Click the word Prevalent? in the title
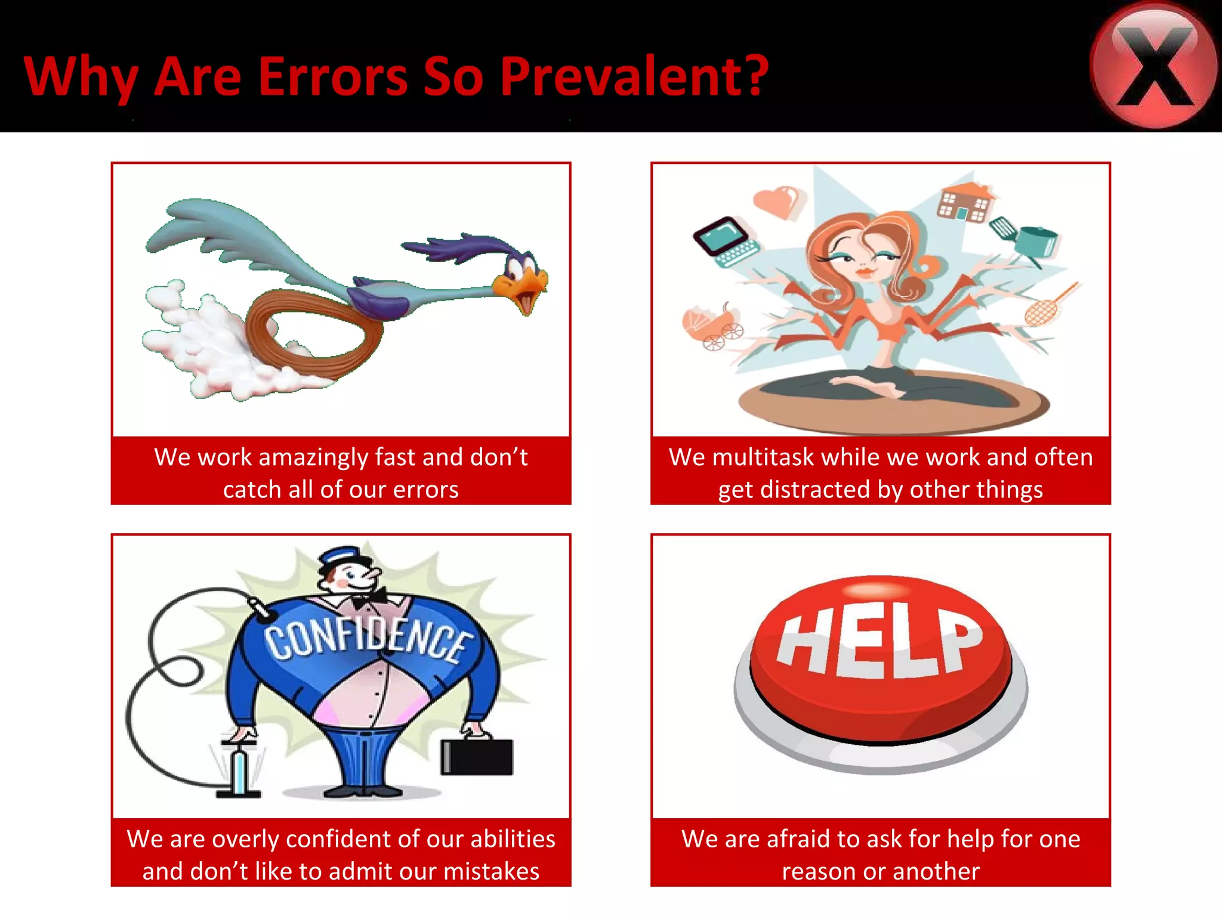click(634, 76)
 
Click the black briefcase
click(477, 756)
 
